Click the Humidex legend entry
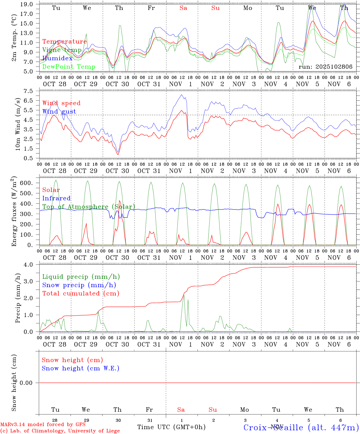click(x=57, y=58)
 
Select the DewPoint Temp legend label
click(x=69, y=67)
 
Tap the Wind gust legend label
click(x=59, y=112)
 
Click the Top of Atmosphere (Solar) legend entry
click(x=88, y=207)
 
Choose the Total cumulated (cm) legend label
click(x=81, y=293)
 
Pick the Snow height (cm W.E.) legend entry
click(x=81, y=368)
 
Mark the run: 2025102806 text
click(x=325, y=67)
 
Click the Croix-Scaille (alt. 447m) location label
click(x=301, y=427)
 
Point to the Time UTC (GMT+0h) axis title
click(x=171, y=427)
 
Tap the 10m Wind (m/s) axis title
click(x=18, y=124)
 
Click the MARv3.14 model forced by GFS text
click(x=43, y=424)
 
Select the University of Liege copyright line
click(x=60, y=431)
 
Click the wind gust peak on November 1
click(x=181, y=95)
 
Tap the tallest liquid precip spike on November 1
click(x=184, y=295)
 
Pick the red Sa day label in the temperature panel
click(x=183, y=8)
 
